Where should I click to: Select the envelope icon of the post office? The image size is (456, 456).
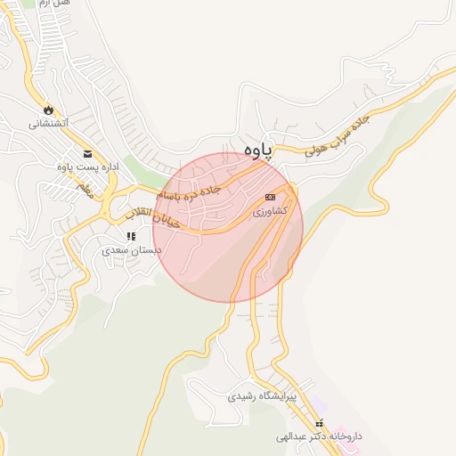coord(87,153)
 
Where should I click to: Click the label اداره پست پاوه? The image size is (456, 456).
coord(87,167)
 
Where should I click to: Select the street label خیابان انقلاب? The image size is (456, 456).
coord(152,216)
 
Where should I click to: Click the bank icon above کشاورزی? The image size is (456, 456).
coord(271,197)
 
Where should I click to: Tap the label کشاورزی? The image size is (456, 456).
coord(271,211)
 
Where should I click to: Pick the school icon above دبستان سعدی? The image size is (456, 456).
coord(131,236)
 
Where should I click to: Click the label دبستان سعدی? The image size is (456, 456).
coord(131,250)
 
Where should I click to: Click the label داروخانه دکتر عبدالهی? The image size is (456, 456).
coord(320,437)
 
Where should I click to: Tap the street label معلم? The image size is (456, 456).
coord(85,187)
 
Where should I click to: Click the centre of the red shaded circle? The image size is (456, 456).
coord(228,227)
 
